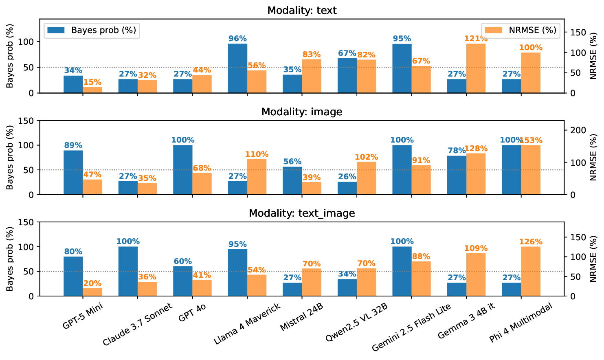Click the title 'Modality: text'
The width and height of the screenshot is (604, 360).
302,10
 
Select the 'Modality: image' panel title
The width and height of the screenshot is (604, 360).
302,112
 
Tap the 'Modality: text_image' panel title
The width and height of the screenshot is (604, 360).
302,213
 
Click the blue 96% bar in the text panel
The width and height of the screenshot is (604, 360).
237,68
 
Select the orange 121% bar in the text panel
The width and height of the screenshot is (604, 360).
476,68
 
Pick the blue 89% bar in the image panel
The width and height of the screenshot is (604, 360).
73,173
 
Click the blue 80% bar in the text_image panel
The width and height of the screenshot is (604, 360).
73,276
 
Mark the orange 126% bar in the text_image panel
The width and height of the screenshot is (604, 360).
531,271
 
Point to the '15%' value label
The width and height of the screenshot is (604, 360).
92,82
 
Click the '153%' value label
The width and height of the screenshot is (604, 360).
531,140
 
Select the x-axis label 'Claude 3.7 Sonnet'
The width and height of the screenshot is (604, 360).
138,324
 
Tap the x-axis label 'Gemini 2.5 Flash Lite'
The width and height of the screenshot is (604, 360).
411,327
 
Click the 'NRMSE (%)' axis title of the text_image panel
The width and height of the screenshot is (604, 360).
593,259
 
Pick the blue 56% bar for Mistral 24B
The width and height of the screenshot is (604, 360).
292,180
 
